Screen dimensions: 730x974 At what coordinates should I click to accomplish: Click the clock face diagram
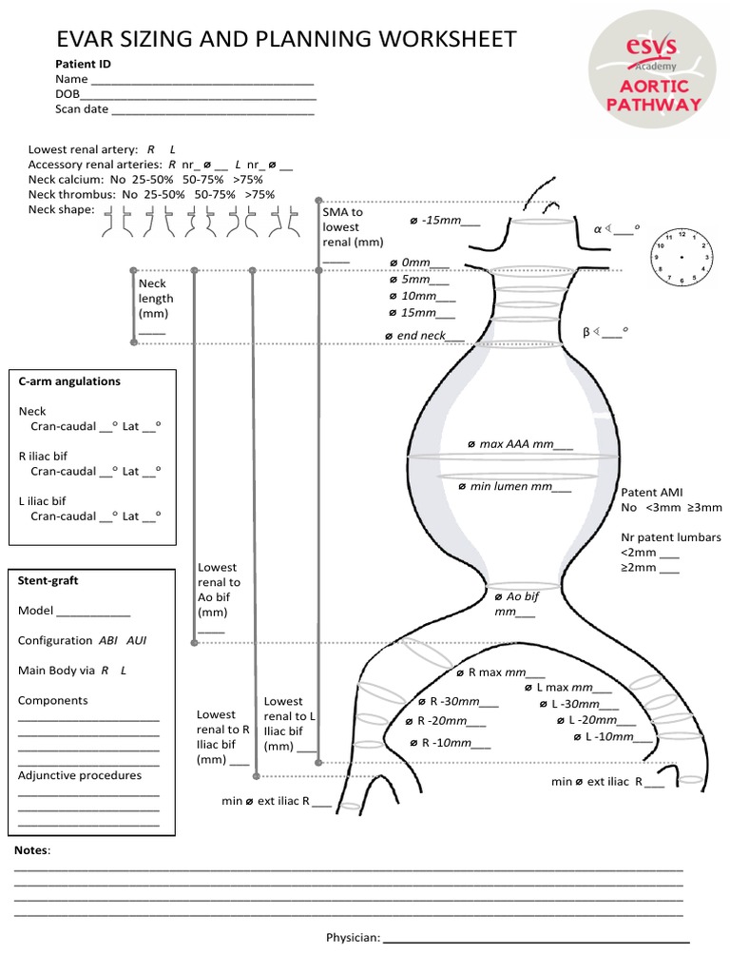(681, 257)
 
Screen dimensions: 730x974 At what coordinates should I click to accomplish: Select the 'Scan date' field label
(82, 109)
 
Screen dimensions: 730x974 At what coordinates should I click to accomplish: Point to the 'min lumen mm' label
(514, 487)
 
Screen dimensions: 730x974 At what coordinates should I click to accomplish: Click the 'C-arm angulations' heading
(70, 381)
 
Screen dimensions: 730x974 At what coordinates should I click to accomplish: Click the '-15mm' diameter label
(445, 221)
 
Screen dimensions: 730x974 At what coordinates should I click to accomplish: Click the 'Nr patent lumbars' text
(670, 537)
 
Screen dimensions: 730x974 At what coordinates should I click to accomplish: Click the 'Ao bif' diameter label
(516, 603)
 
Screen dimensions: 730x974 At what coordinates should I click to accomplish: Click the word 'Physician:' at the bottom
(353, 938)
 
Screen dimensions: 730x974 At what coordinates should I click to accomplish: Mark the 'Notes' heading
(32, 849)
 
